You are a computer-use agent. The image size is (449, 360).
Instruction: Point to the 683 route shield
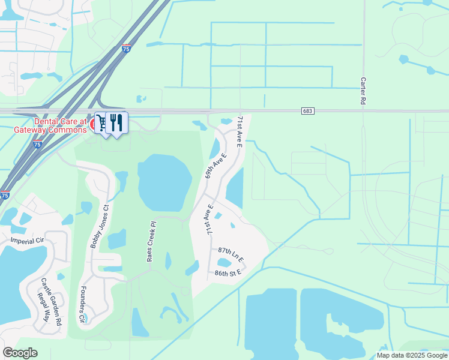click(308, 111)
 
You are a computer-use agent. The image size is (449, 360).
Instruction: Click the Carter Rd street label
click(364, 91)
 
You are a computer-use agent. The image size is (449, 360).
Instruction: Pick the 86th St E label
click(228, 273)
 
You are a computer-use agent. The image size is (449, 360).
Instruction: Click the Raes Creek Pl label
click(152, 242)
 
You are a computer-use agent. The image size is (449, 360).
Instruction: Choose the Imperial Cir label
click(27, 241)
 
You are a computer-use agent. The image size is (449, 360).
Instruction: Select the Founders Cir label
click(82, 306)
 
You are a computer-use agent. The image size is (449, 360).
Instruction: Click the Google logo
click(20, 353)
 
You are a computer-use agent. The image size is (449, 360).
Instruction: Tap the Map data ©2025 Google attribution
click(411, 355)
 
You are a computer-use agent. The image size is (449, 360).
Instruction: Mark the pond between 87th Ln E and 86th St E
click(224, 262)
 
